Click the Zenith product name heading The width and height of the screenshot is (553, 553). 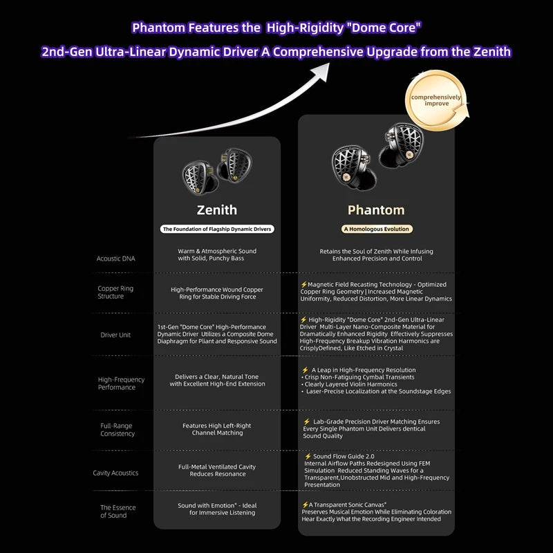216,209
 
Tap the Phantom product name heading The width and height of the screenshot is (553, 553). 376,209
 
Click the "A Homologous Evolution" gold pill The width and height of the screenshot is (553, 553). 377,229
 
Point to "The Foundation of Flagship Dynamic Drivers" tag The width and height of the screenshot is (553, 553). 217,229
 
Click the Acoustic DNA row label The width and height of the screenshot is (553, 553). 116,259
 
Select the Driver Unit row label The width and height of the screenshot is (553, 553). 115,335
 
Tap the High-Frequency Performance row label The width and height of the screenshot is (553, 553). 121,383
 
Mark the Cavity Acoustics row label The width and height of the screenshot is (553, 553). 115,473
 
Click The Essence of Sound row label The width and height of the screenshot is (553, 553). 118,512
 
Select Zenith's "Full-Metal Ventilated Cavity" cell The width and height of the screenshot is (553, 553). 216,470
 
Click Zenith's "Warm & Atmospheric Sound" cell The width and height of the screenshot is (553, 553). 216,254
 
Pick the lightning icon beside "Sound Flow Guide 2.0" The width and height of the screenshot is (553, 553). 308,457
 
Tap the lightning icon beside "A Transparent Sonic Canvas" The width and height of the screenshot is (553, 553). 305,505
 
